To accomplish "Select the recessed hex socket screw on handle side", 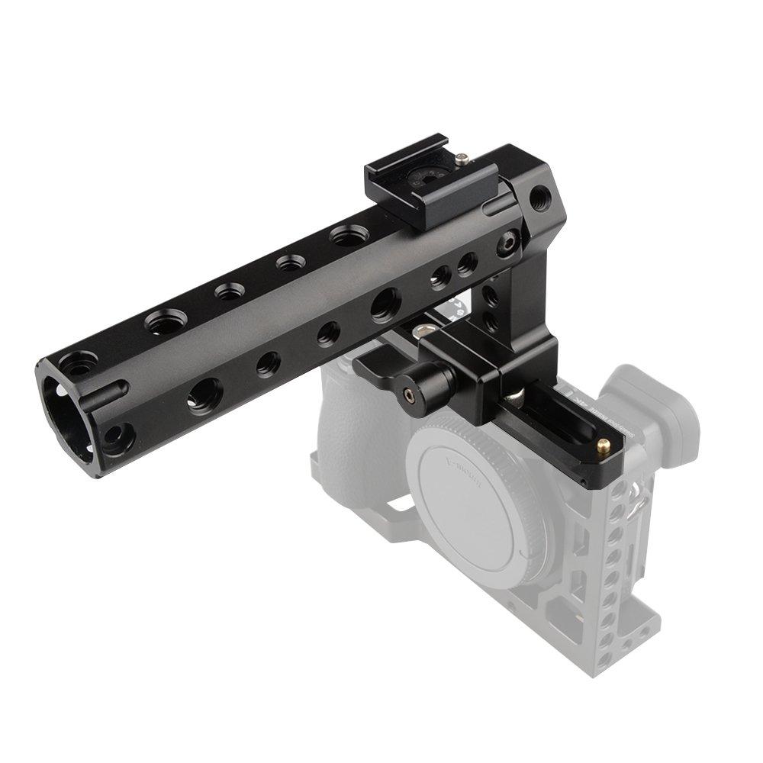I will pyautogui.click(x=505, y=246).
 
